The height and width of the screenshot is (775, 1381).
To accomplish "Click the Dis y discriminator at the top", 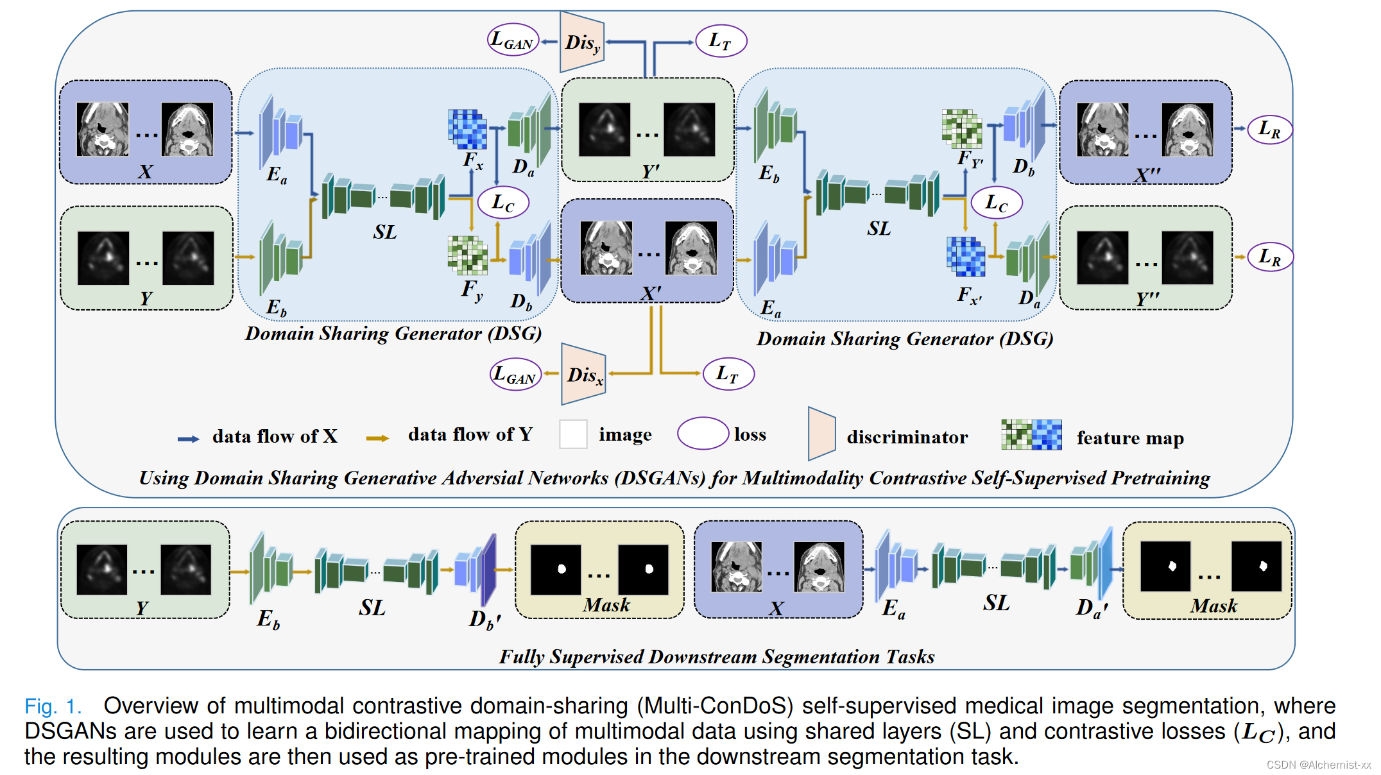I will click(x=581, y=42).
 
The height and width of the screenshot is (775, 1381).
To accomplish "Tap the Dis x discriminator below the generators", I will click(x=583, y=375).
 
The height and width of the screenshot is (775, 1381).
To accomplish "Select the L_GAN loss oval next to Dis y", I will click(x=512, y=40).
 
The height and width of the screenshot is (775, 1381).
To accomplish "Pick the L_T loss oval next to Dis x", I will click(x=728, y=373).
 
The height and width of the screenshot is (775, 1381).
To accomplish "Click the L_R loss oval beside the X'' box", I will click(x=1269, y=129).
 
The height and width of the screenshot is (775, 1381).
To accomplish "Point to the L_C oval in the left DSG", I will click(x=503, y=203).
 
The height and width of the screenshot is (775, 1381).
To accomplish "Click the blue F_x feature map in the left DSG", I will click(x=467, y=129).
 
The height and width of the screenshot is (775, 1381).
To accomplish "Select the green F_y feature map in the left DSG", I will click(x=467, y=255).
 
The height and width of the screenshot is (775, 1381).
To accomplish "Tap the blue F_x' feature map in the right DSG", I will click(x=965, y=256).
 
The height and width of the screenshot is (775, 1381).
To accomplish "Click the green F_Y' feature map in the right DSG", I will click(x=961, y=128).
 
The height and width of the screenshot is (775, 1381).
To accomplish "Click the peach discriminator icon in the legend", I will click(x=821, y=434).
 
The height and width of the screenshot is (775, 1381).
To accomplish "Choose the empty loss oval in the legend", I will click(x=703, y=434).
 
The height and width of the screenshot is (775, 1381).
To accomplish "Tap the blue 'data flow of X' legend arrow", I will click(x=189, y=439).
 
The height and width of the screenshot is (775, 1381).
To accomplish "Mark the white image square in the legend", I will click(x=573, y=434).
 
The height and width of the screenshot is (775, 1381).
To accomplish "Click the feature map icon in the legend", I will click(x=1031, y=434).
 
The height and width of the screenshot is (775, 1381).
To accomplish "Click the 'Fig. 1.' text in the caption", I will click(x=53, y=706).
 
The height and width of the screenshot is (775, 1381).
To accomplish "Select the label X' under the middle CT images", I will click(x=651, y=294).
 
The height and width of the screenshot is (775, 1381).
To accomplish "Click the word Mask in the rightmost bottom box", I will click(x=1213, y=606).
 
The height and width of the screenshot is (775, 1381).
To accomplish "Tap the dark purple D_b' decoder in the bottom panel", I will click(x=487, y=570).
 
